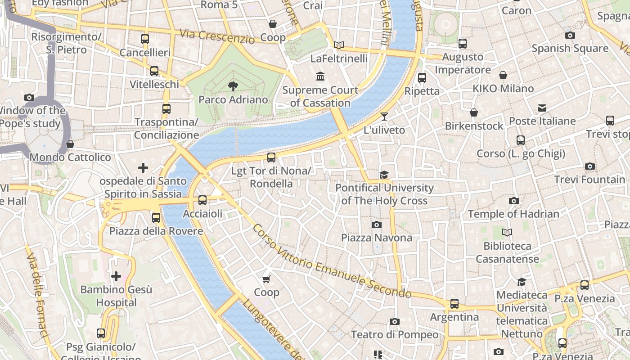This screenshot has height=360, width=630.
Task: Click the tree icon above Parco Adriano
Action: (x=233, y=86)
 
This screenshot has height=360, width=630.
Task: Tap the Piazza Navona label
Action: (x=376, y=238)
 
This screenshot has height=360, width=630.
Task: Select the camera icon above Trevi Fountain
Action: (x=589, y=166)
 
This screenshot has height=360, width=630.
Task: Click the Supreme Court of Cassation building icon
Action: (x=320, y=76)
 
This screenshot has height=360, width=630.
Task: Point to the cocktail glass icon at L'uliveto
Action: (x=384, y=117)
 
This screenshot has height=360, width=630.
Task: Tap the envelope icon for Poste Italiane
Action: (x=542, y=108)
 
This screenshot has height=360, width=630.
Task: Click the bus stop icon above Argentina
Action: (x=454, y=304)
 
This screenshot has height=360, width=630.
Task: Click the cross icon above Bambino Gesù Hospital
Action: (x=116, y=276)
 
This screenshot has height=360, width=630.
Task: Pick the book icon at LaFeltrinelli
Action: (x=339, y=45)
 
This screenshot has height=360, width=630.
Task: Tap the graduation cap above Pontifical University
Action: (x=384, y=175)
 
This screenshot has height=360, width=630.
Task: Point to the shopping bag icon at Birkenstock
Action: (x=473, y=112)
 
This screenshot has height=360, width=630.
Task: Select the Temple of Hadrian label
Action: (x=513, y=214)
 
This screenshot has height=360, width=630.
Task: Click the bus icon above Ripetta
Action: (x=422, y=77)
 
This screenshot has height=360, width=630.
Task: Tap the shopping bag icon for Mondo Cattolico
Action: (x=70, y=144)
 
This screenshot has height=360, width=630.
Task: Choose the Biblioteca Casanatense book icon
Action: (x=507, y=233)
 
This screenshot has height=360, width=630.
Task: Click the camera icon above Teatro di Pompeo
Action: (x=394, y=321)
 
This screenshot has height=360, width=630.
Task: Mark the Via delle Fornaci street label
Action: (x=37, y=295)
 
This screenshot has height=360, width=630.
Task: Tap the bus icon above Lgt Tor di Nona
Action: (x=271, y=157)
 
